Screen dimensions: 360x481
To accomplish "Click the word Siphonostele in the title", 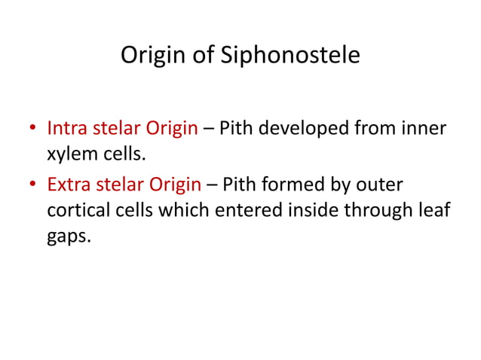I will click(298, 56).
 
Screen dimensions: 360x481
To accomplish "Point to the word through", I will click(380, 211).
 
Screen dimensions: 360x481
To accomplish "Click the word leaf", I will click(433, 211).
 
